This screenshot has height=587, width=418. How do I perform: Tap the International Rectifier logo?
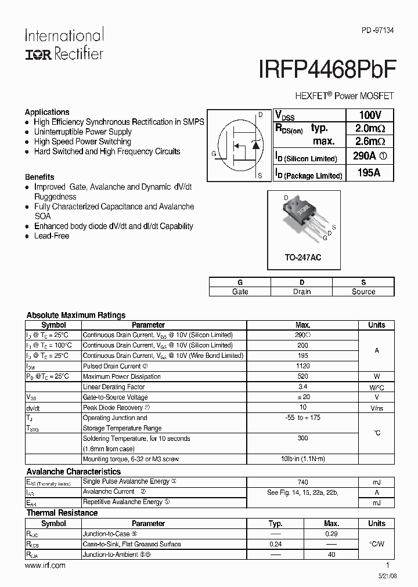64,44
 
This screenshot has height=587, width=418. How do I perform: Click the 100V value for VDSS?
369,115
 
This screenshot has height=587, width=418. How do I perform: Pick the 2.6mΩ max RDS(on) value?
370,142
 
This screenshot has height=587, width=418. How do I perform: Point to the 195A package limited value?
369,173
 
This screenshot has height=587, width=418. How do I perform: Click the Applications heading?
47,112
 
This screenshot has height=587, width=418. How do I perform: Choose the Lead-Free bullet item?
52,236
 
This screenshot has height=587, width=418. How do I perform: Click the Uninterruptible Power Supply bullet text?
82,132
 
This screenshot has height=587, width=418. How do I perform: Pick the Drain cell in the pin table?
302,292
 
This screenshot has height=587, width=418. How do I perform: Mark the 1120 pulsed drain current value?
302,366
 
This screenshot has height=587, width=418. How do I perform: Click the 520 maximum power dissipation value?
302,376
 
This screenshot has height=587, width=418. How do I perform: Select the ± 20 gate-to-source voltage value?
302,397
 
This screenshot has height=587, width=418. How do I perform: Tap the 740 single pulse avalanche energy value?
302,482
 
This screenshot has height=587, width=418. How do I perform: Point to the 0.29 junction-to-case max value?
331,534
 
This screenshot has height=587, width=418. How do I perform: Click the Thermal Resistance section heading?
62,513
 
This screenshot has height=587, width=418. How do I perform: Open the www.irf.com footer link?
45,565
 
